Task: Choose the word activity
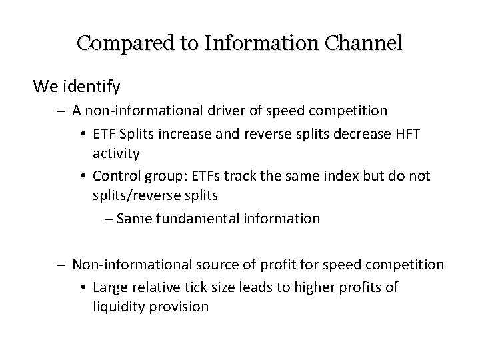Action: click(115, 153)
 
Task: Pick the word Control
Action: click(115, 176)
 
